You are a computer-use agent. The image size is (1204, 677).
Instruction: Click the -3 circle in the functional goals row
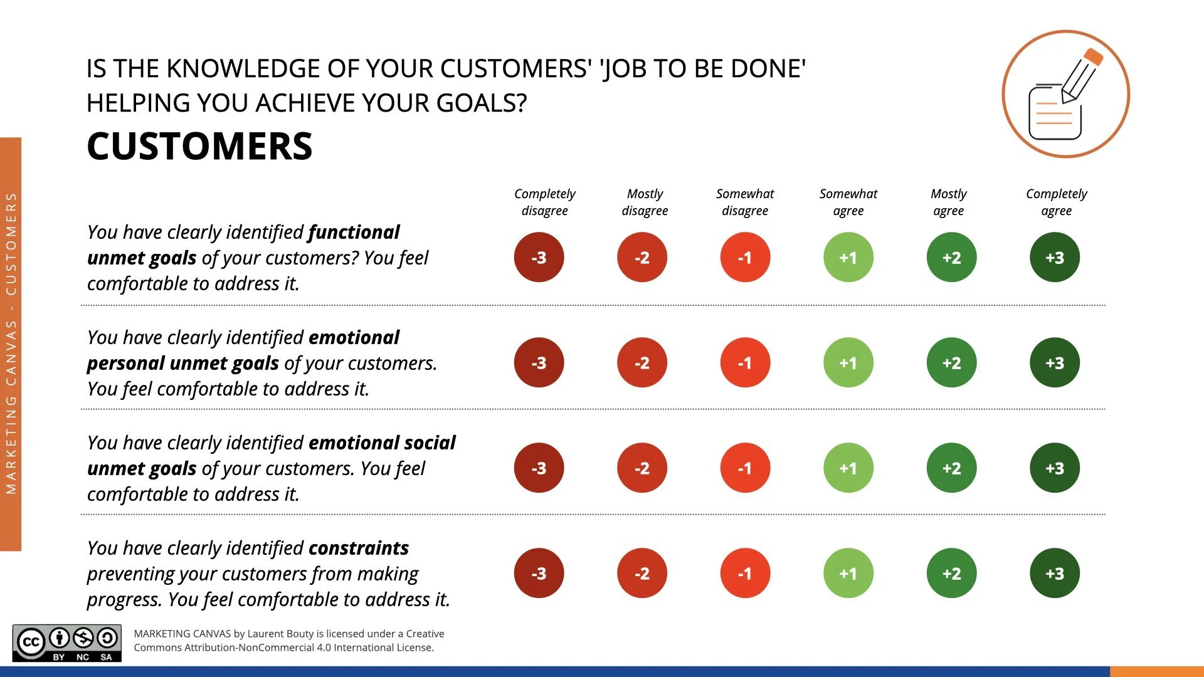tap(539, 257)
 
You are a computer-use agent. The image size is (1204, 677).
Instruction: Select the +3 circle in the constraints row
tap(1054, 573)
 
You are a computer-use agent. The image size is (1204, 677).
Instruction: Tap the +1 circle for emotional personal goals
tap(848, 362)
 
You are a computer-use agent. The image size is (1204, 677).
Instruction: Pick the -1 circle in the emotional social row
tap(744, 468)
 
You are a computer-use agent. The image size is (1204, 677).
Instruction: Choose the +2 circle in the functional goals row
tap(951, 257)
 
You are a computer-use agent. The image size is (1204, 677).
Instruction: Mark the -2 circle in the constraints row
tap(642, 573)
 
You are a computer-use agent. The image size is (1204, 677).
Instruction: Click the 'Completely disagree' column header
tap(544, 202)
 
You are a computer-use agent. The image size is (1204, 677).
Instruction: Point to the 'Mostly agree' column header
tap(948, 202)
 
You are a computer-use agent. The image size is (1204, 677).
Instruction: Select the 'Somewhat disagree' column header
tap(744, 202)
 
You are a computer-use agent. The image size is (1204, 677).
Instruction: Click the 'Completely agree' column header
tap(1056, 202)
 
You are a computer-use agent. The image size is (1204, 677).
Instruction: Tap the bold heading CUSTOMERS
tap(199, 146)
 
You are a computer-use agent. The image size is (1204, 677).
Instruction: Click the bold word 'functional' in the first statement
tap(354, 233)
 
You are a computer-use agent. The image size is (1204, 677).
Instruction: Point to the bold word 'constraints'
tap(358, 548)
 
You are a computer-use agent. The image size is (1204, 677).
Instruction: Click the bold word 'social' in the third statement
tap(430, 443)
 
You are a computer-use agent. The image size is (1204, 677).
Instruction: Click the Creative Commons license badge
tap(67, 643)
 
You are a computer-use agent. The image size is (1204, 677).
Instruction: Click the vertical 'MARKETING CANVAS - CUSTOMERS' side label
tap(11, 344)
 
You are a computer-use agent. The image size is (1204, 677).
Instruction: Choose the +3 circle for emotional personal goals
tap(1054, 362)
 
